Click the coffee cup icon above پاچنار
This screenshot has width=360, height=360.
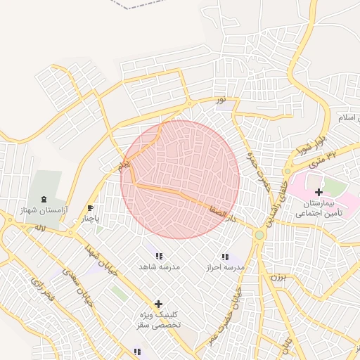tap(89, 208)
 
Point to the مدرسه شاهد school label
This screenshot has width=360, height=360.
tap(160, 267)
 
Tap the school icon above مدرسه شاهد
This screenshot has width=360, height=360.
tap(159, 257)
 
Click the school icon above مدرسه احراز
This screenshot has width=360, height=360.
tap(225, 257)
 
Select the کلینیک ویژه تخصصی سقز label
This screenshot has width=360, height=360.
tap(158, 320)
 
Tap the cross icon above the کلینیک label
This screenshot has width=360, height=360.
tap(158, 304)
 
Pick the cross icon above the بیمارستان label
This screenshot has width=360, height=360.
tap(319, 192)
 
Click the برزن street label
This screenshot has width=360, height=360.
tap(280, 278)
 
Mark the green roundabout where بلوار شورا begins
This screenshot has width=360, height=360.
tap(287, 171)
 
